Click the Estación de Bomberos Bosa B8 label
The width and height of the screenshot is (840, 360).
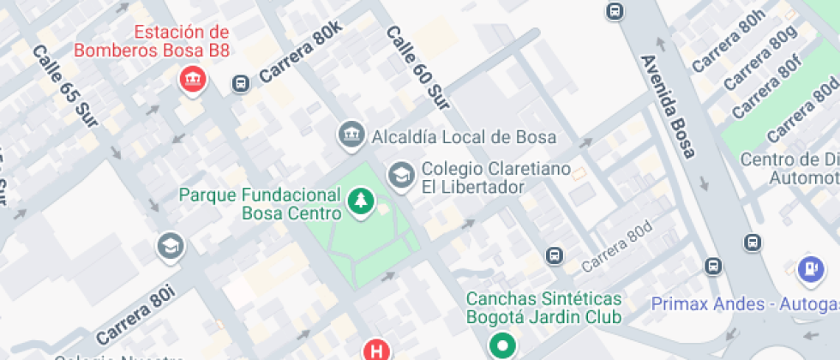[152, 41]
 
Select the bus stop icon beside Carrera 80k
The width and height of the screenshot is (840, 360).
[241, 83]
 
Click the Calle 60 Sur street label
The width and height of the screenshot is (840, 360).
[417, 68]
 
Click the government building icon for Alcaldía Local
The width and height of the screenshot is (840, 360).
[350, 135]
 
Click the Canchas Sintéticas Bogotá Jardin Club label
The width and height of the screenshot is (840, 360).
[543, 308]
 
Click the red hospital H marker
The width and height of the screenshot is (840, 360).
[375, 351]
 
